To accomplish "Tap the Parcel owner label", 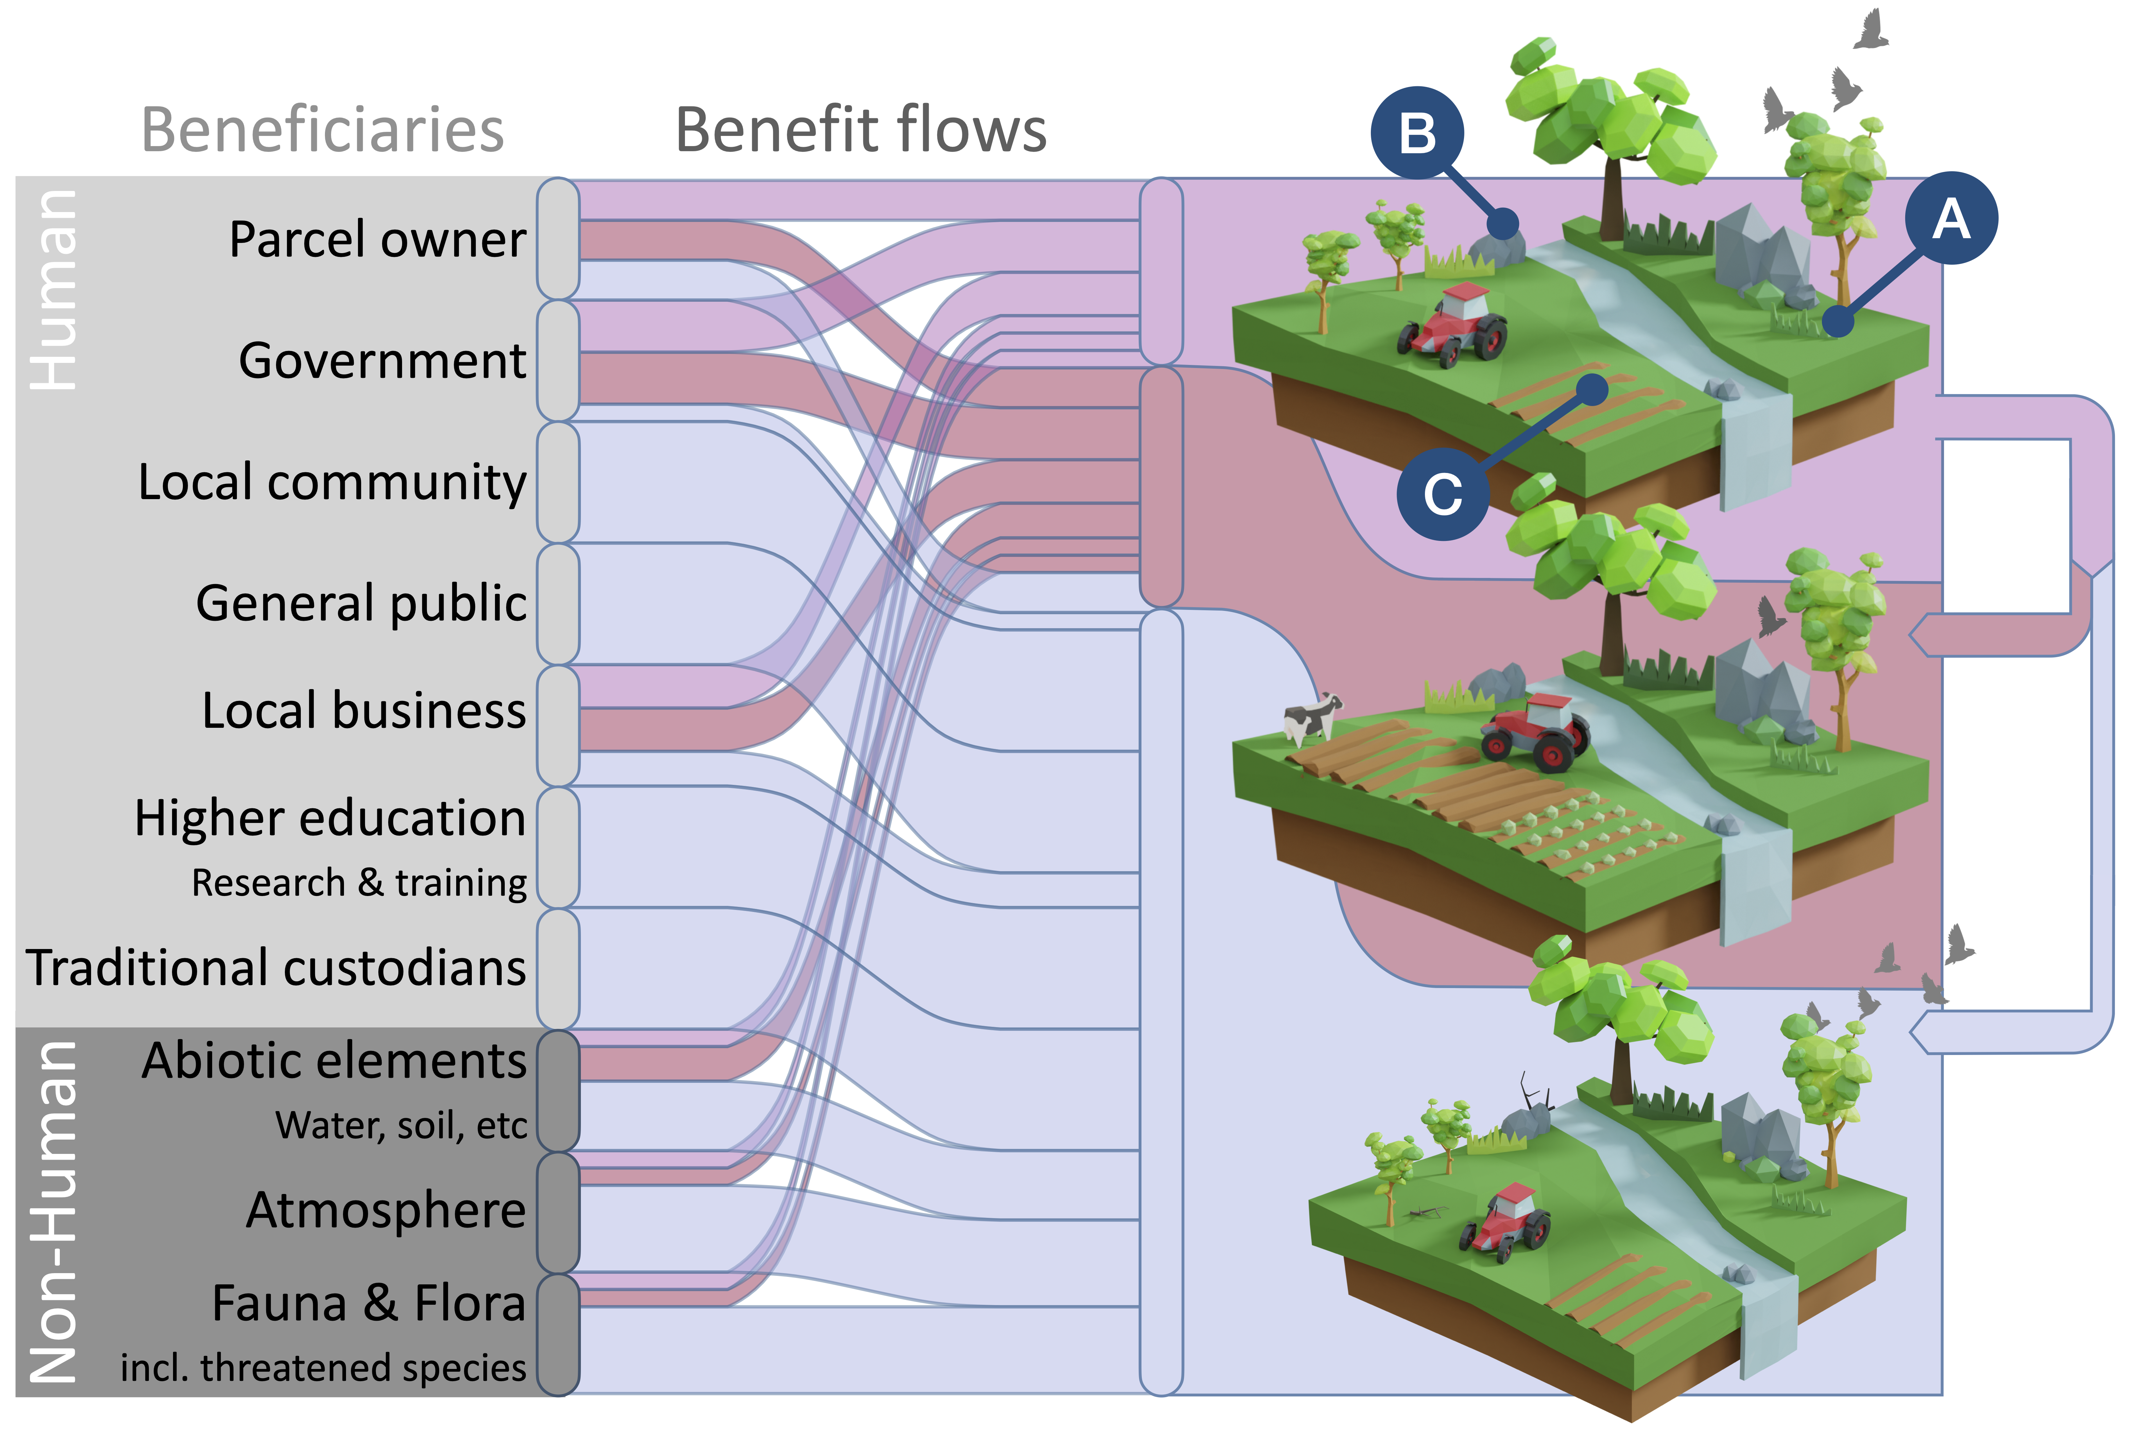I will click(x=378, y=240).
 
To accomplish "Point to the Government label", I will click(x=382, y=360).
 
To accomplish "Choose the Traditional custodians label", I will click(x=276, y=968).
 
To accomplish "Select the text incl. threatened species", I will click(x=323, y=1368).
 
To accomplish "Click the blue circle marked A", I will click(x=1950, y=218).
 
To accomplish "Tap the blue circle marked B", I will click(x=1417, y=133).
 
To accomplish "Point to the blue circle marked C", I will click(x=1442, y=494).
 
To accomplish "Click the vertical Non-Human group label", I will click(x=53, y=1212).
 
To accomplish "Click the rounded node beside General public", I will click(x=558, y=603).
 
